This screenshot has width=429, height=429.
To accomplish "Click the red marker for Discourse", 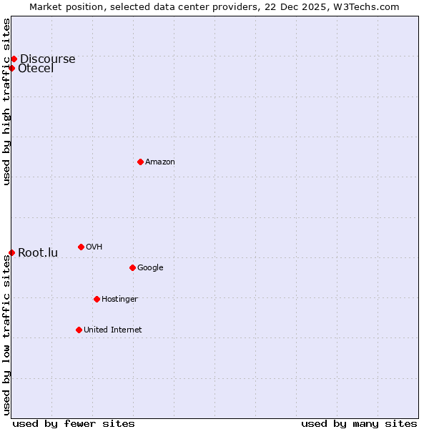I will tap(14, 59).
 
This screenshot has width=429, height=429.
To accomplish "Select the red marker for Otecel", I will tap(11, 68).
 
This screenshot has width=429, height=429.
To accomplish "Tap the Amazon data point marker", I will tap(140, 162).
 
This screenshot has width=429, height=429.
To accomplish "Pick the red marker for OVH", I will tap(81, 247).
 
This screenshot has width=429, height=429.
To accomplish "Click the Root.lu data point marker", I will tap(11, 252).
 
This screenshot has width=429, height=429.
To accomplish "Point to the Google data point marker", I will tap(132, 267).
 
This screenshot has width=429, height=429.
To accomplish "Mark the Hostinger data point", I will tap(97, 299).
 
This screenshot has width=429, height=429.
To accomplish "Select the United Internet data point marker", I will tap(79, 330).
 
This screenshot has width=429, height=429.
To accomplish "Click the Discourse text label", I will tap(47, 59).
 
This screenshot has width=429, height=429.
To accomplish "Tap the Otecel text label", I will tap(36, 68).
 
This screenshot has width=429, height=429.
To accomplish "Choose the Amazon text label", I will tap(160, 162).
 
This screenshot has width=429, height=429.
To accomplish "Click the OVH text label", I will tap(94, 247).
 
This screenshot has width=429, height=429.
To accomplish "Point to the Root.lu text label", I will tap(38, 252).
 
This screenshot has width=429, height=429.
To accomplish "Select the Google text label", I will tap(150, 267).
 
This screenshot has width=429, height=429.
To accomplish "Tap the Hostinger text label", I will tap(119, 299).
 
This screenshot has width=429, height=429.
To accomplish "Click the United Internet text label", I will tap(112, 330).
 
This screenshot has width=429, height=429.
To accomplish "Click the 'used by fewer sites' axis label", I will tap(74, 423).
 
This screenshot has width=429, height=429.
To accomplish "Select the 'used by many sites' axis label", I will tap(359, 423).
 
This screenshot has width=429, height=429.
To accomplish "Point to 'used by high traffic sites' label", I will tap(6, 102).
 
